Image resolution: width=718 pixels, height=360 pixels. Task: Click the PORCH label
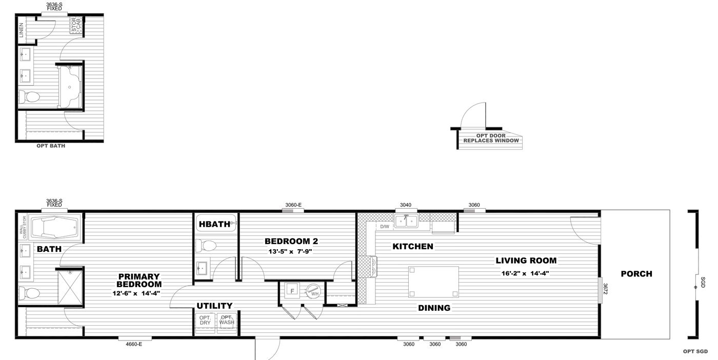pyautogui.click(x=636, y=274)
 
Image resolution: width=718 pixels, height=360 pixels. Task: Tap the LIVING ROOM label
pyautogui.click(x=526, y=261)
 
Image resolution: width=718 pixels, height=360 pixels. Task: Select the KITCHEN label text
pyautogui.click(x=412, y=247)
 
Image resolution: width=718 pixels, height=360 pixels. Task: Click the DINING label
pyautogui.click(x=434, y=308)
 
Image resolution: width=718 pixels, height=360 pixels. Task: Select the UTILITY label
pyautogui.click(x=214, y=306)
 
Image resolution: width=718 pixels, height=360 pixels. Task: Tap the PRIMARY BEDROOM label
pyautogui.click(x=138, y=280)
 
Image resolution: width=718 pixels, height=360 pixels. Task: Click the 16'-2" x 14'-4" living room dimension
pyautogui.click(x=526, y=273)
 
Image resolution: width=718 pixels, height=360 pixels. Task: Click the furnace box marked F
pyautogui.click(x=292, y=290)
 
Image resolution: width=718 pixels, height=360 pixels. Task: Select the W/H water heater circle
pyautogui.click(x=313, y=291)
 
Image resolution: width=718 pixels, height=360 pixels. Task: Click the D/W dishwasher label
pyautogui.click(x=385, y=226)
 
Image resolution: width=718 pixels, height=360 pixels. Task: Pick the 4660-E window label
pyautogui.click(x=133, y=345)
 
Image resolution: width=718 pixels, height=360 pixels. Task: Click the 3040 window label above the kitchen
pyautogui.click(x=406, y=205)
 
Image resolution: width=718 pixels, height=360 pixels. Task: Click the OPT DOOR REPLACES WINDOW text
pyautogui.click(x=491, y=138)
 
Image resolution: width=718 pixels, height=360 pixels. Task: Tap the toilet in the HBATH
pyautogui.click(x=207, y=246)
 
